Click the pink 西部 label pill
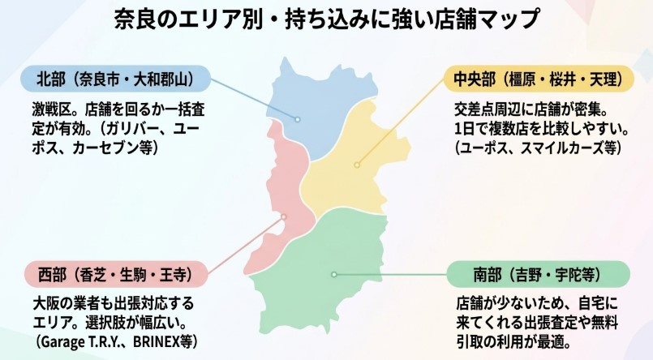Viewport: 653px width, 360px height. coord(114,275)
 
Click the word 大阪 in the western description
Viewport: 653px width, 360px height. coord(40,303)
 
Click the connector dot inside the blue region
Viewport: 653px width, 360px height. coord(299,119)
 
